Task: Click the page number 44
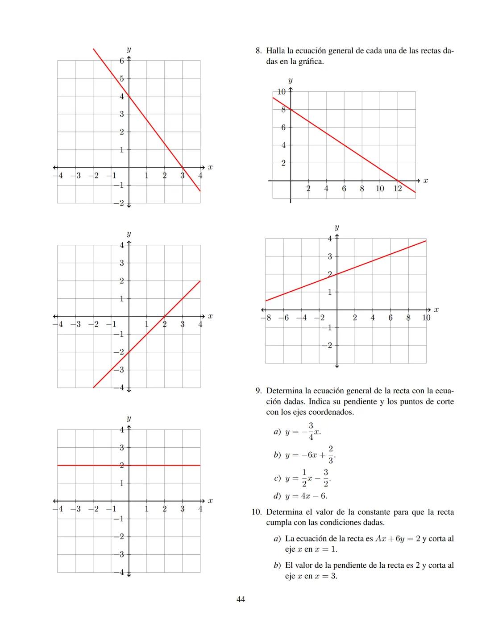click(x=241, y=599)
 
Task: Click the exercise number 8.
click(x=258, y=50)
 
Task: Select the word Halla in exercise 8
click(x=276, y=50)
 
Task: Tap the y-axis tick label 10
click(x=281, y=92)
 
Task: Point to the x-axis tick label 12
click(x=397, y=189)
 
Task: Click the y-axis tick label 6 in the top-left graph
click(x=121, y=61)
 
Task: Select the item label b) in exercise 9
click(x=277, y=455)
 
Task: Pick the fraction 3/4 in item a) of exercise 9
click(x=311, y=431)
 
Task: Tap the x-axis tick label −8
click(x=266, y=318)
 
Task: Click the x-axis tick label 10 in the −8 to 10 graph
click(x=426, y=318)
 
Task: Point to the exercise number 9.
click(x=258, y=391)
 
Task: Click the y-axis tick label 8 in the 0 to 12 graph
click(x=283, y=110)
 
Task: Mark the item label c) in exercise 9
click(x=277, y=478)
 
